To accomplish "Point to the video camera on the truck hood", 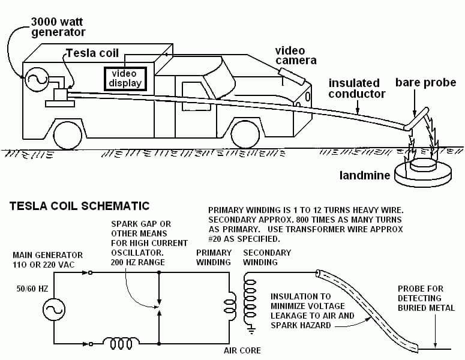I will tap(293, 77).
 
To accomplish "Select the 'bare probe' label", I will tap(425, 82).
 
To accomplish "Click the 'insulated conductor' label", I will tap(356, 88).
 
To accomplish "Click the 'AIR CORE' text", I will tap(242, 350).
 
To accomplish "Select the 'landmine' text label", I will tap(365, 176).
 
